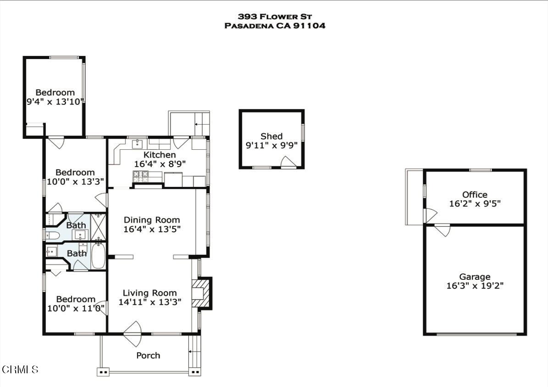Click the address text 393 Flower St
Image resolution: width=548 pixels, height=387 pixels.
click(x=274, y=16)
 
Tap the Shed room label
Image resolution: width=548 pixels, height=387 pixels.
click(x=271, y=136)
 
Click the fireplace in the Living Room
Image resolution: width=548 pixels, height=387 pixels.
click(x=200, y=293)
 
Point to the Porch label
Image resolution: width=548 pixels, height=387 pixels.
click(x=148, y=355)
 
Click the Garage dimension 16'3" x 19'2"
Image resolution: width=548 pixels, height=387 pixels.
click(x=475, y=286)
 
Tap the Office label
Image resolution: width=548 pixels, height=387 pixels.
click(x=475, y=195)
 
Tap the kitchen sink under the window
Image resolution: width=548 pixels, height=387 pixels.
click(x=137, y=145)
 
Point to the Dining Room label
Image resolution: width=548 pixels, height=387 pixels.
click(x=152, y=220)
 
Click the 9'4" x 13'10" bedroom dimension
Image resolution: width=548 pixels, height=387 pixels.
click(x=55, y=101)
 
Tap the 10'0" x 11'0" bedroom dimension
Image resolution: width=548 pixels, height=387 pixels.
click(x=76, y=308)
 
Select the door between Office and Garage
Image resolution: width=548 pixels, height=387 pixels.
click(x=443, y=229)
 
